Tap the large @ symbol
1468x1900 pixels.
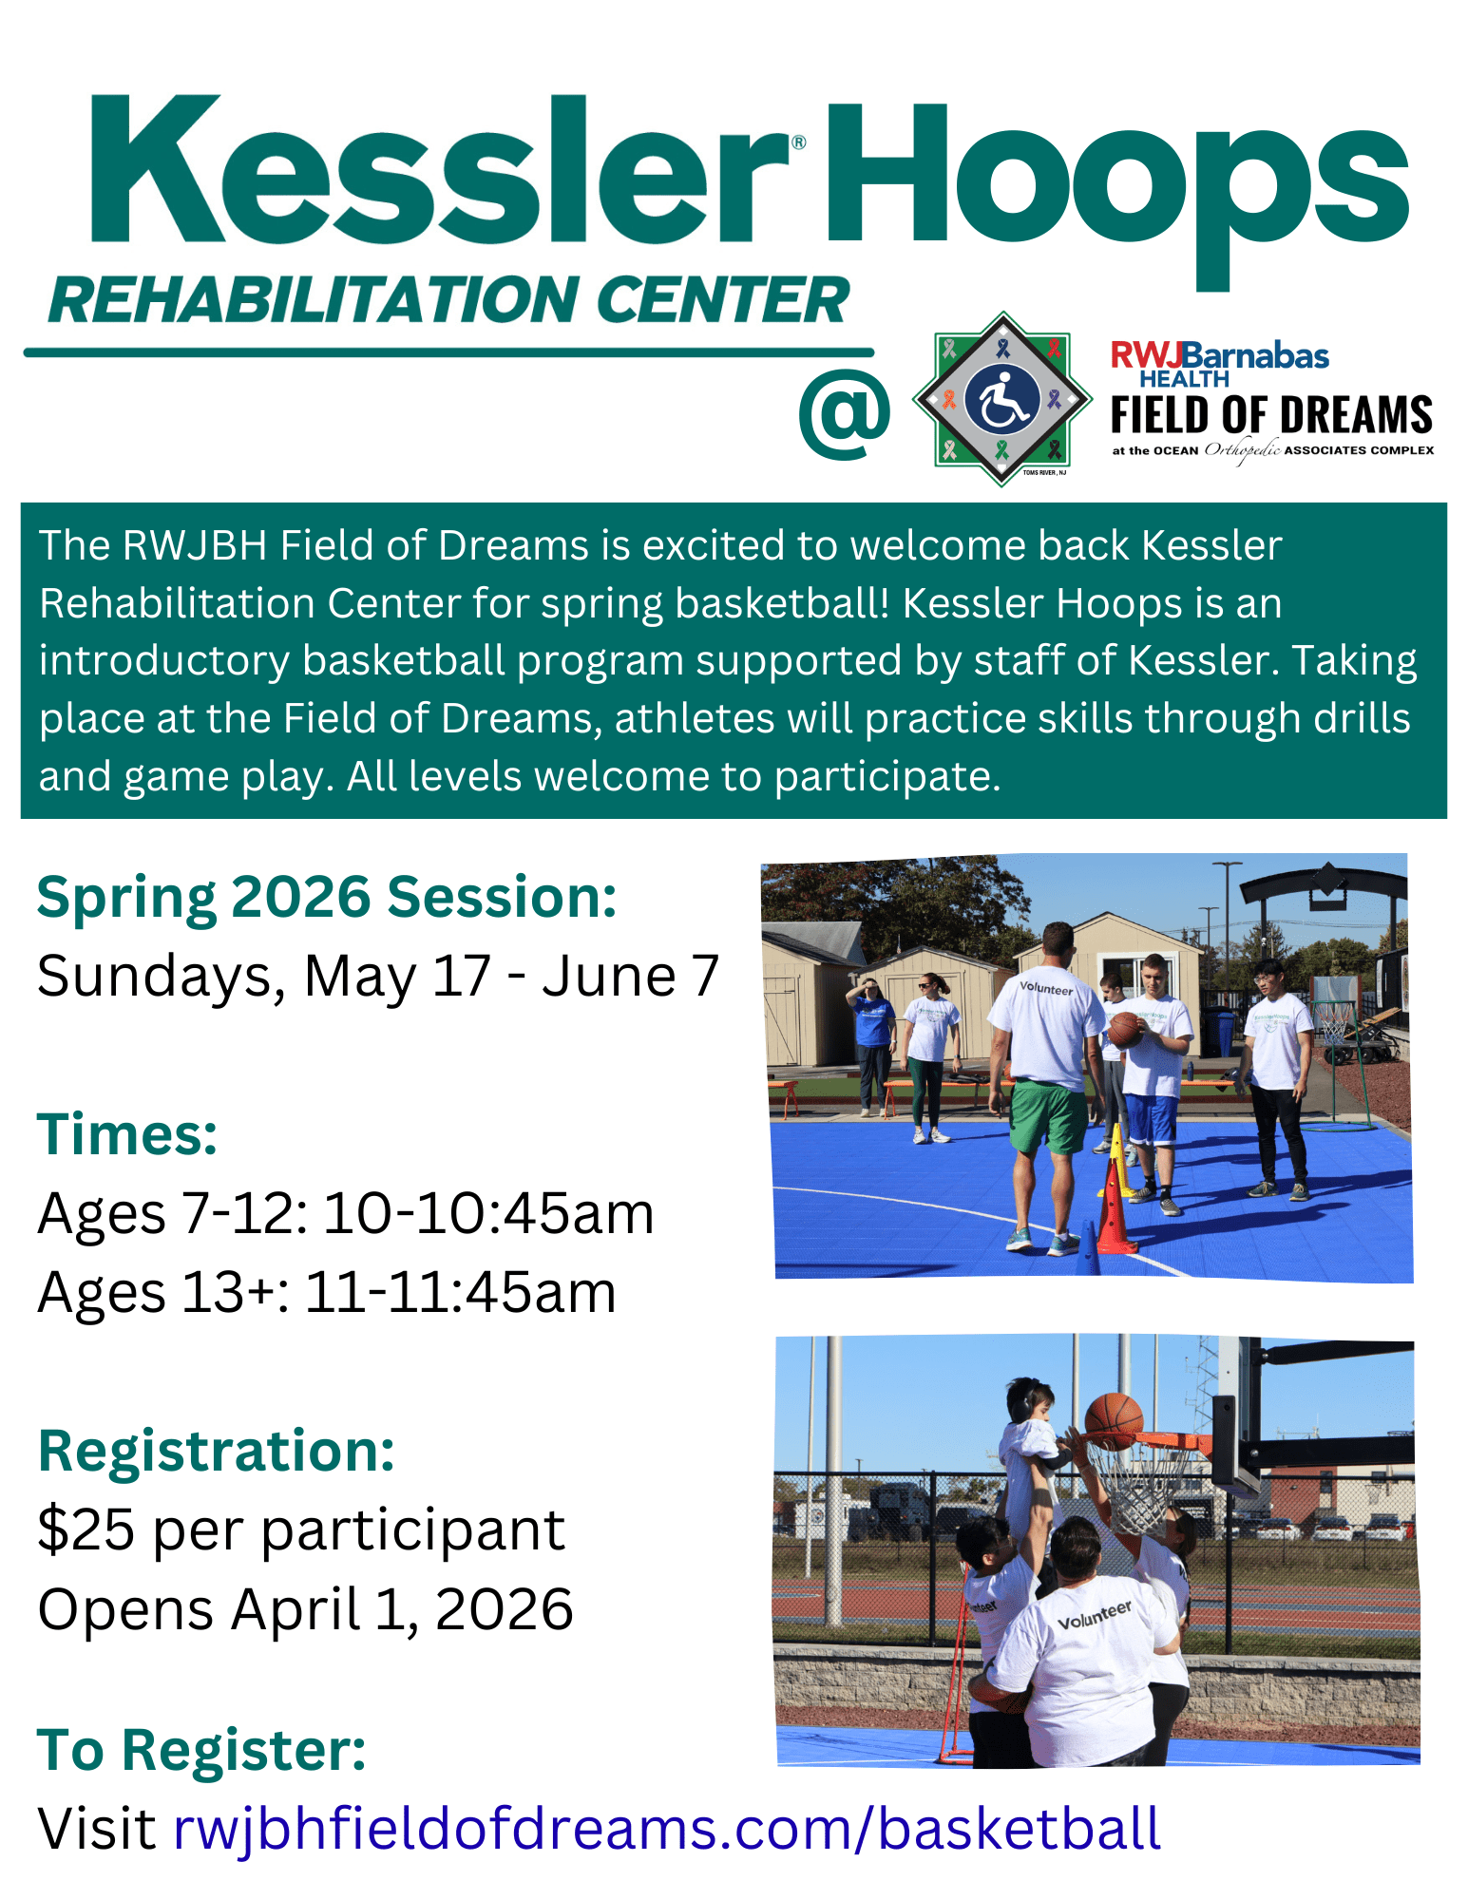point(844,415)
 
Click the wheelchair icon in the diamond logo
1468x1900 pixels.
point(1001,400)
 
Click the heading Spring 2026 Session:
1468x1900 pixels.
point(327,898)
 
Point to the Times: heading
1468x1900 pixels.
point(127,1134)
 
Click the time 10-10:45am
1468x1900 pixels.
point(488,1213)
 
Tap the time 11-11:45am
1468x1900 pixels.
point(460,1292)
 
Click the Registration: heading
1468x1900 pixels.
point(217,1452)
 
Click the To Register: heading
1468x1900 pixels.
point(201,1750)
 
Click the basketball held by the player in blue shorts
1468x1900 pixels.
point(1124,1029)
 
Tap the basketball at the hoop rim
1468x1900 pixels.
point(1114,1420)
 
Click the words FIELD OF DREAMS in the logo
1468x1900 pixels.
point(1271,415)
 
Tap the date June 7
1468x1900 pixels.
point(631,976)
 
